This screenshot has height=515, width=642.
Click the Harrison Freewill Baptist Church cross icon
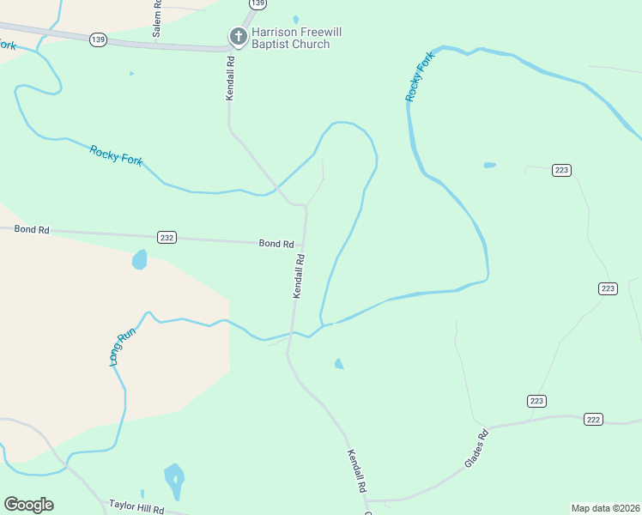pos(238,36)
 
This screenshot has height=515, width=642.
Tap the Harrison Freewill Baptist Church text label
pos(290,39)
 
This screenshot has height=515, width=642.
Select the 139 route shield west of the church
pos(99,40)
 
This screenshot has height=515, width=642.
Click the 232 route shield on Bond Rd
pos(167,238)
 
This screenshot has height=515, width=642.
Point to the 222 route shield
pos(593,419)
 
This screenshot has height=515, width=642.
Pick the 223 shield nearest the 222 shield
pos(537,401)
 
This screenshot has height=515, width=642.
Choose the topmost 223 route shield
pos(562,171)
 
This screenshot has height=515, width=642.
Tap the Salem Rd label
pos(158,18)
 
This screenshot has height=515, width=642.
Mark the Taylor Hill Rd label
pos(136,507)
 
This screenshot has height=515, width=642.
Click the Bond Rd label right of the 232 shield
pos(276,244)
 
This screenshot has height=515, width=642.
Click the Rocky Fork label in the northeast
pos(421,77)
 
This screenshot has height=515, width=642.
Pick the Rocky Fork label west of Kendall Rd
pos(116,155)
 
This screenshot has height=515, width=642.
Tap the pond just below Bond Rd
pos(139,259)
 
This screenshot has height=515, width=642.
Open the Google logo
pos(28,505)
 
